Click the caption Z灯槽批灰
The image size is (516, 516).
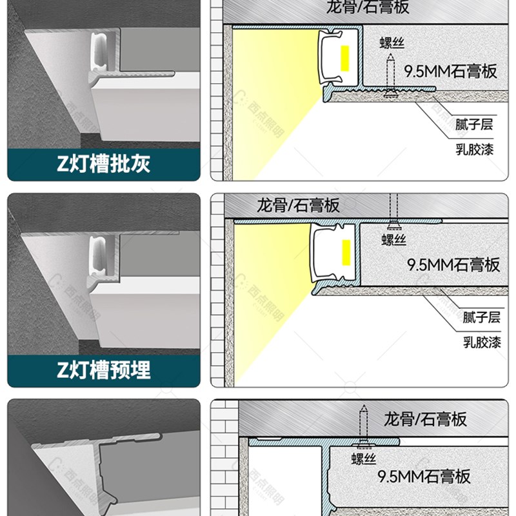tap(103, 164)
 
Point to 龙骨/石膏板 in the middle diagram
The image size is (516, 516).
tap(298, 206)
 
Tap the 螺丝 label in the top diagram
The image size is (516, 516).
tap(392, 43)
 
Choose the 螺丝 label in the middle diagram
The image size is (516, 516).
tap(393, 240)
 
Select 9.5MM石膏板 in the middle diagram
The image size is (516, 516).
tap(453, 264)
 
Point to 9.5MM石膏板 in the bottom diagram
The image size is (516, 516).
tap(424, 477)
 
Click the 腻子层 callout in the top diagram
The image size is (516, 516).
tap(473, 124)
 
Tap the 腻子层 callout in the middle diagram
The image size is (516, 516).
tap(481, 317)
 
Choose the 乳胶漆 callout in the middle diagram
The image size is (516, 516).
tap(481, 342)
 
